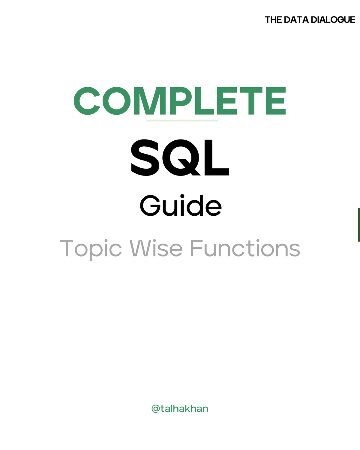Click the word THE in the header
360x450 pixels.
273,20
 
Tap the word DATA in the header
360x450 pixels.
296,20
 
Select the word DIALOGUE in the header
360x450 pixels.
333,20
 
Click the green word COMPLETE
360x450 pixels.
180,101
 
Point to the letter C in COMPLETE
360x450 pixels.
87,101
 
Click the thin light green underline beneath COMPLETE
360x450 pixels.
182,120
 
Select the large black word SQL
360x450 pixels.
180,158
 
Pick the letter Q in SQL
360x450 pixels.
180,158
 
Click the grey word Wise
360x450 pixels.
156,248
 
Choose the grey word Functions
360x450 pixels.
245,248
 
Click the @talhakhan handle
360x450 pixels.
180,409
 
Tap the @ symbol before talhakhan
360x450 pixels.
156,409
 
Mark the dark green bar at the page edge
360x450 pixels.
358,224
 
